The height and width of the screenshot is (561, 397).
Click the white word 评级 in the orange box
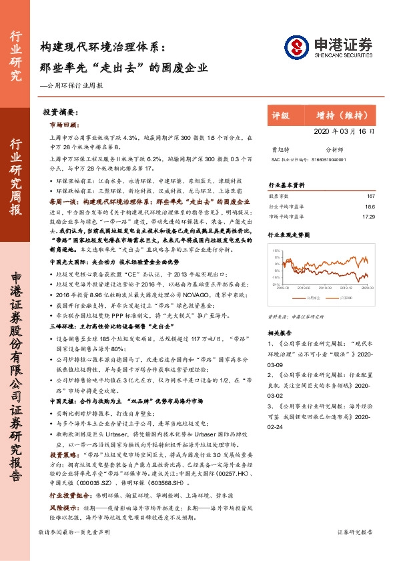pos(280,115)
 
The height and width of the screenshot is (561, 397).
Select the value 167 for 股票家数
pos(371,196)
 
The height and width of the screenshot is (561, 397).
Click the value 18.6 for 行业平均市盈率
pos(370,207)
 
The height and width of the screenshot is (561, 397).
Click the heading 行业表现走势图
pos(290,235)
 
